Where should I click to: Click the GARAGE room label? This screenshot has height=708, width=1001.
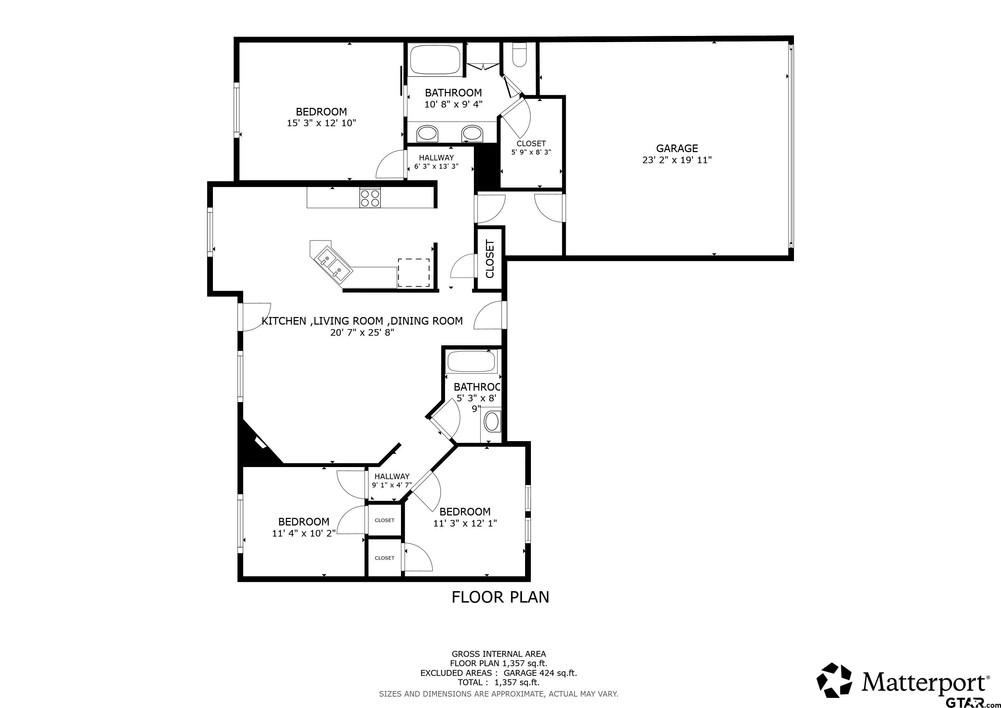677,148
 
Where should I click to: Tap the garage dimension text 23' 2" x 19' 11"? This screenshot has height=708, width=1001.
677,160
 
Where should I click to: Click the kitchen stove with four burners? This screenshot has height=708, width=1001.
370,197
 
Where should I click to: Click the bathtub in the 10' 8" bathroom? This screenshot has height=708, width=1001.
435,59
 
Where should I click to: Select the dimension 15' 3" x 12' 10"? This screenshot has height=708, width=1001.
321,123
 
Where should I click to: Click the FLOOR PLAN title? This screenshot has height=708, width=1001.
500,597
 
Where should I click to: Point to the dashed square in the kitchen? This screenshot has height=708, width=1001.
413,272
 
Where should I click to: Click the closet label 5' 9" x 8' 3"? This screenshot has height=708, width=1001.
531,152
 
